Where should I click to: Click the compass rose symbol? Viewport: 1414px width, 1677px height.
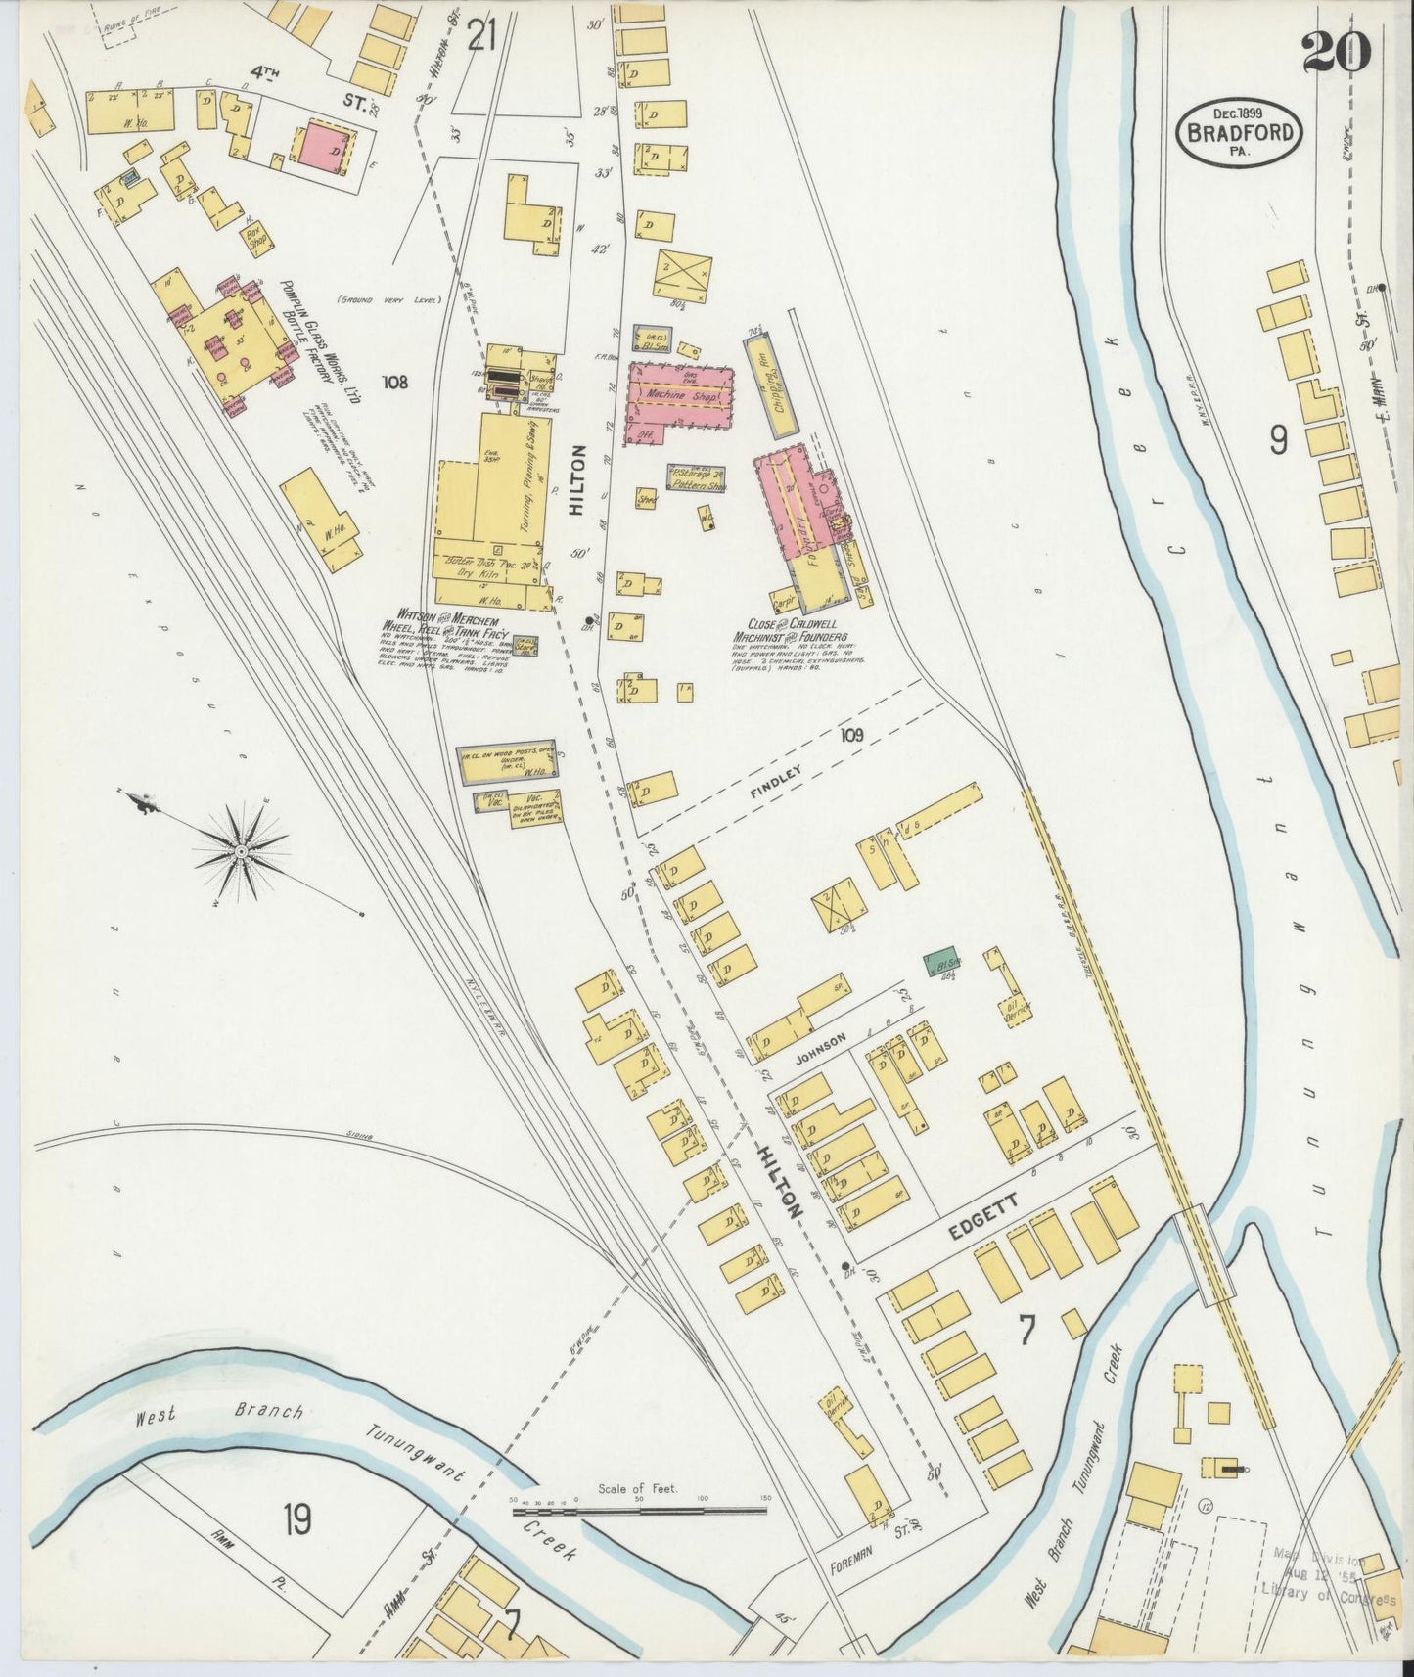(x=240, y=849)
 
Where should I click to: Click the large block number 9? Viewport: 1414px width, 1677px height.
(x=1278, y=442)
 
